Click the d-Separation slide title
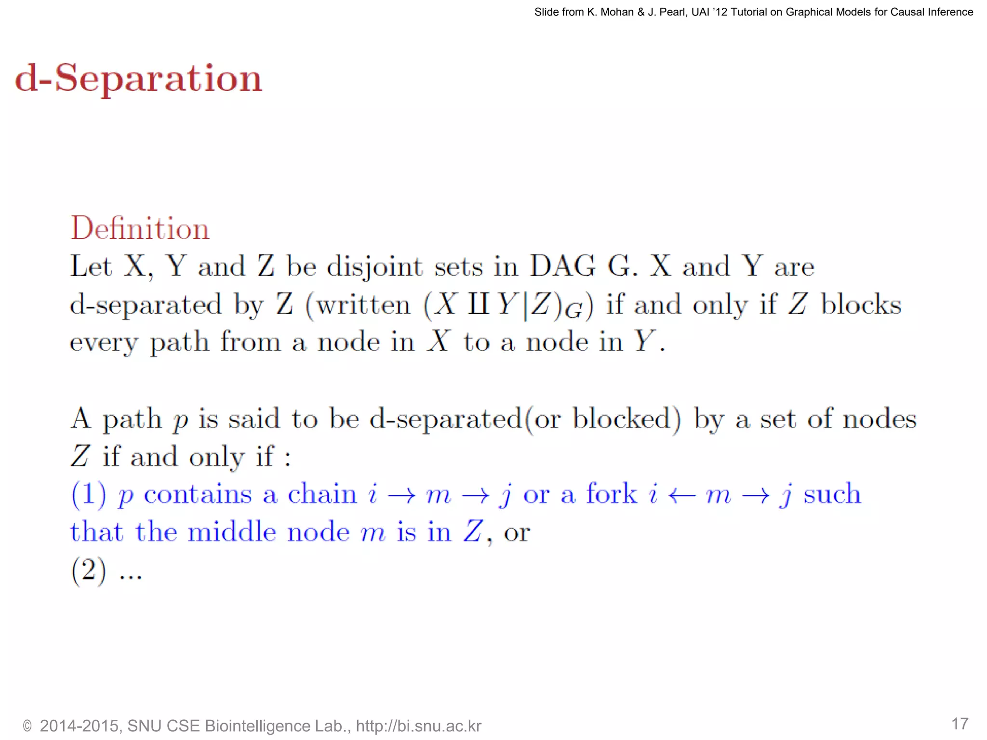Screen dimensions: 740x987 (x=139, y=78)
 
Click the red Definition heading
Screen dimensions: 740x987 (x=140, y=228)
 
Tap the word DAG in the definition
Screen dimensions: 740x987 (x=562, y=266)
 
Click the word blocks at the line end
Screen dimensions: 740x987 (x=861, y=304)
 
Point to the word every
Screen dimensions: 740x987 (x=104, y=343)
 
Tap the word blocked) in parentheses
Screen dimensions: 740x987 (x=627, y=419)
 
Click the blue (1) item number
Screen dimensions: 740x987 (x=89, y=494)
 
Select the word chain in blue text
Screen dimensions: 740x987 (x=322, y=494)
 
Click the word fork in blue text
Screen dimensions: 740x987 (x=611, y=494)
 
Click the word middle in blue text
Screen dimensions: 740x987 (x=231, y=532)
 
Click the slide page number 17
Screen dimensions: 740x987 (x=960, y=724)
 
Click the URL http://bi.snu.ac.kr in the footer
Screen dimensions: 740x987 (x=418, y=726)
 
